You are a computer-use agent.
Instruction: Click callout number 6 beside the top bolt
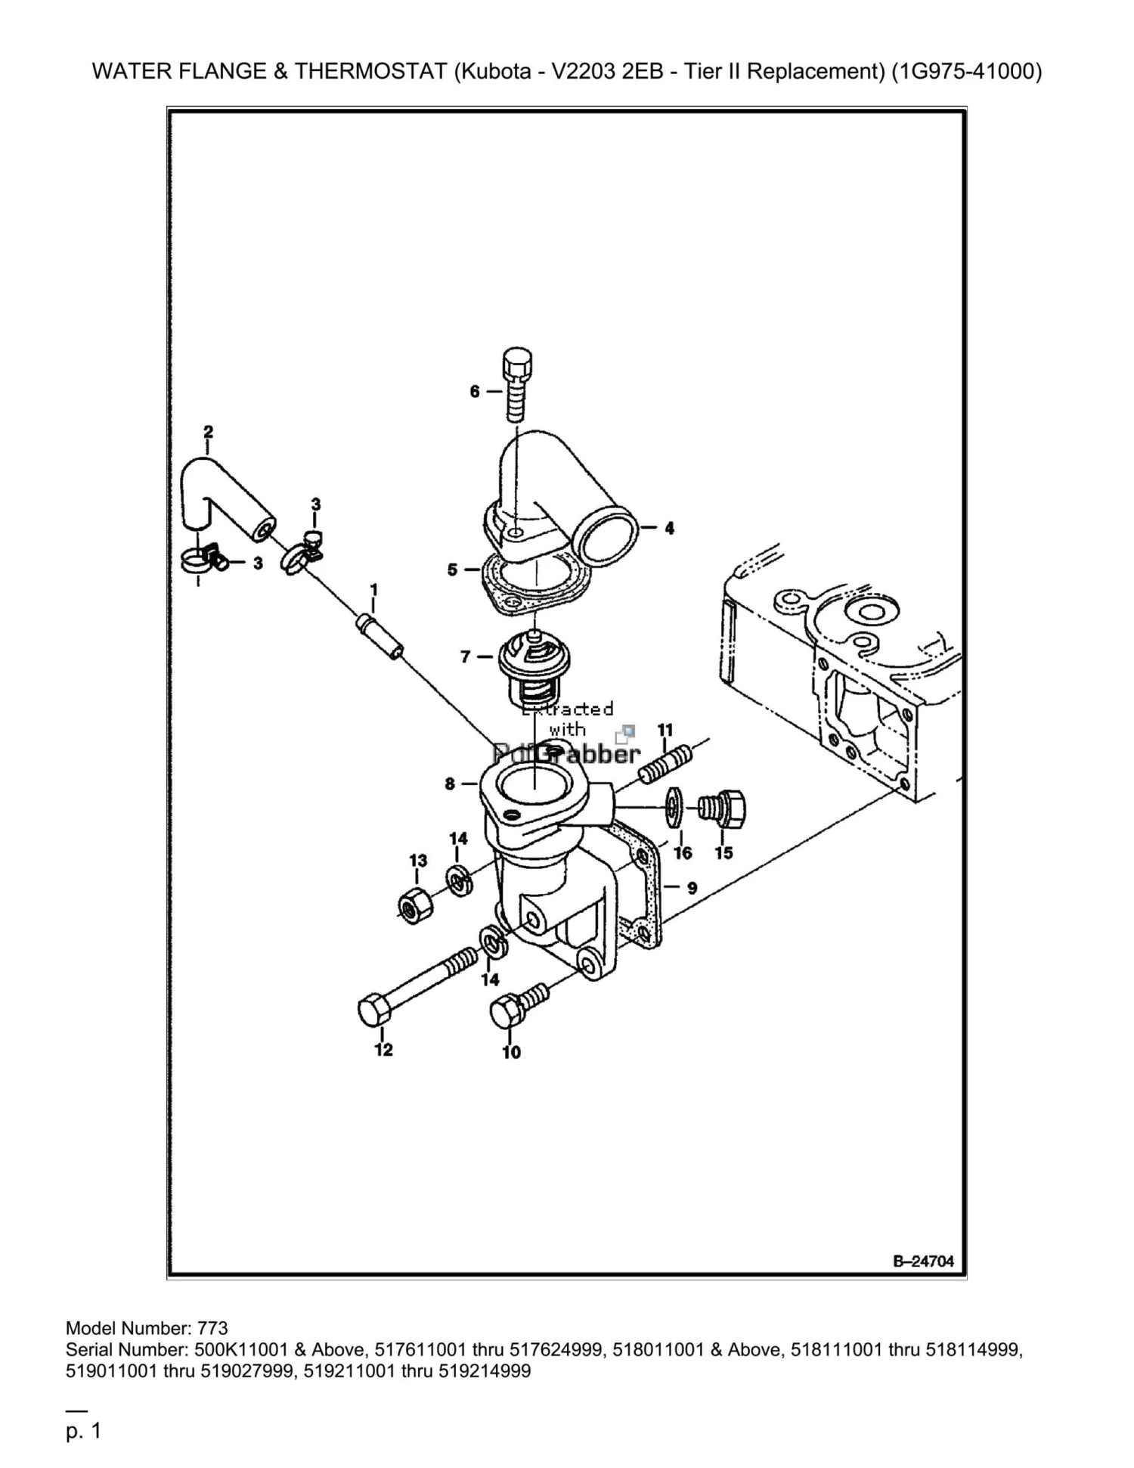click(x=475, y=391)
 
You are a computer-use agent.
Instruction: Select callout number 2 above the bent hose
click(x=209, y=432)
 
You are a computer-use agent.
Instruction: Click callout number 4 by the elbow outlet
click(x=669, y=528)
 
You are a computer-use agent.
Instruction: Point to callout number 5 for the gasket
click(x=453, y=569)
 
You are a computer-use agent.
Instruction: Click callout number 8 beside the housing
click(x=451, y=784)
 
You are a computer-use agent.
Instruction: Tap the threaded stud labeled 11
click(x=667, y=765)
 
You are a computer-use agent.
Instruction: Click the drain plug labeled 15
click(x=723, y=808)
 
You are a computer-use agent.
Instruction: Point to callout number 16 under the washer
click(x=683, y=853)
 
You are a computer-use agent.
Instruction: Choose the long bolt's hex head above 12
click(x=374, y=1010)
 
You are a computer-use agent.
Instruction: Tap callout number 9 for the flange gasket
click(x=692, y=887)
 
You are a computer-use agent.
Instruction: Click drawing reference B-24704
click(x=923, y=1260)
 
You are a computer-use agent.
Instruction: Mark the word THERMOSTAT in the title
click(x=370, y=71)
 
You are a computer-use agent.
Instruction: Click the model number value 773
click(x=212, y=1327)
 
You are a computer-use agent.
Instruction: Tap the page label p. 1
click(x=83, y=1430)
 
